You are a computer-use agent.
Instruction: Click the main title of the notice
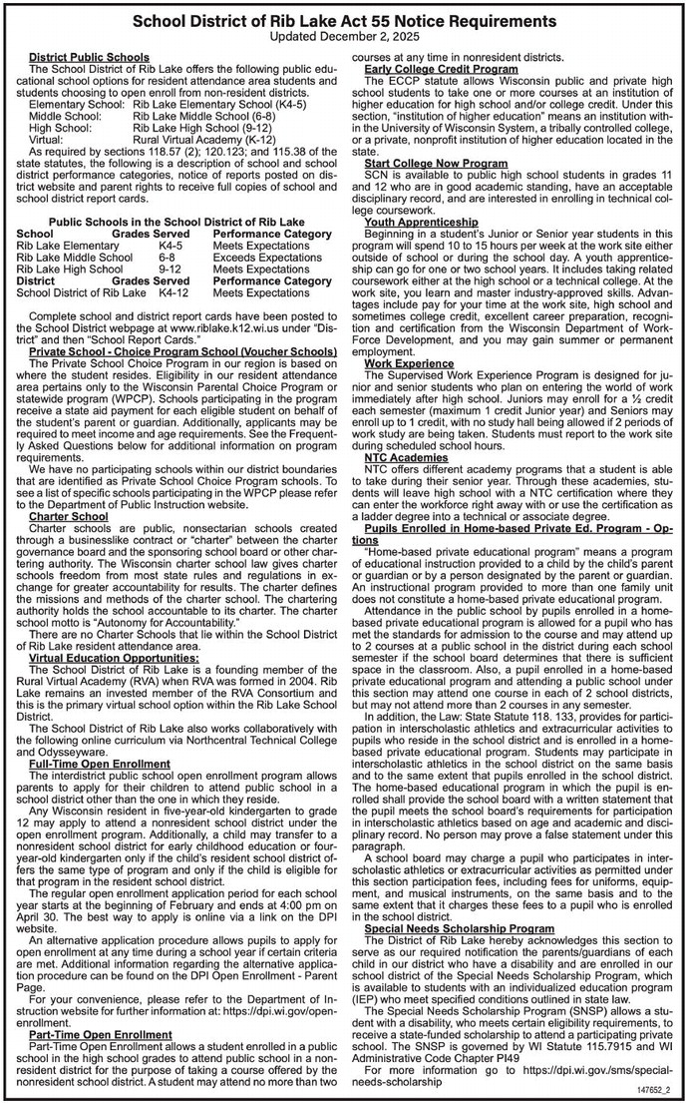[x=343, y=19]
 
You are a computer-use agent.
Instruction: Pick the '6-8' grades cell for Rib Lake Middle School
[x=167, y=257]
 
